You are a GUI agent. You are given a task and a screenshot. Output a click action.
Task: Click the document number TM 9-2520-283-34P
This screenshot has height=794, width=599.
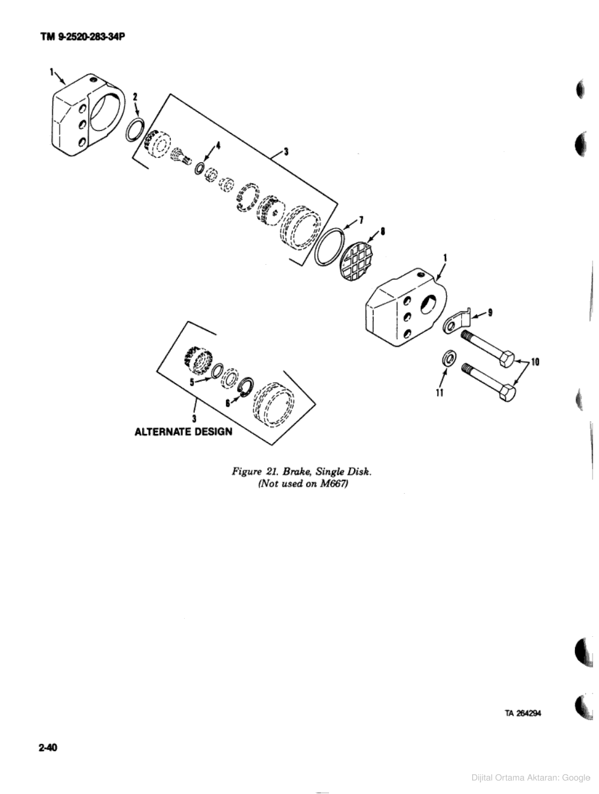(x=83, y=37)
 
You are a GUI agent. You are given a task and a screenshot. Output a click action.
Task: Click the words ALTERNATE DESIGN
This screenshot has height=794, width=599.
(x=183, y=432)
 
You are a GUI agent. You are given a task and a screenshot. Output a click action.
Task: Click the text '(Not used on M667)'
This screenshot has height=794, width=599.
(x=303, y=484)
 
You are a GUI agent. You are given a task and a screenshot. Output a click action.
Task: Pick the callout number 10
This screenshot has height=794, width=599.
(x=534, y=362)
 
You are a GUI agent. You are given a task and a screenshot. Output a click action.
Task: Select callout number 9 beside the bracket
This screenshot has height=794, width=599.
(x=490, y=313)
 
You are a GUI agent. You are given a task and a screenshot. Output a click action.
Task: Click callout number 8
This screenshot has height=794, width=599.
(x=383, y=231)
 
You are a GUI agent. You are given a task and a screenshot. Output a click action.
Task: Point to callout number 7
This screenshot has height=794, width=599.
(x=361, y=220)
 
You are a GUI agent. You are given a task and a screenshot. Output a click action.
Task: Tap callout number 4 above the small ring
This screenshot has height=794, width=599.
(x=219, y=145)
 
